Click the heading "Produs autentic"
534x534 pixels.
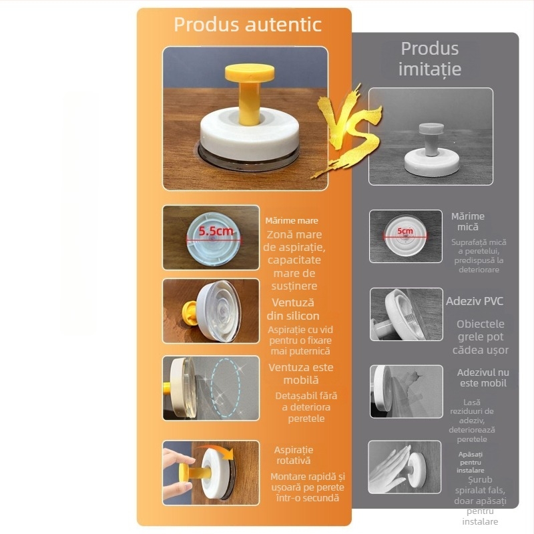(248, 25)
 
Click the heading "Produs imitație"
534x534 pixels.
(430, 59)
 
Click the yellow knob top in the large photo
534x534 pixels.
(250, 73)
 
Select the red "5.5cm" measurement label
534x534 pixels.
(216, 231)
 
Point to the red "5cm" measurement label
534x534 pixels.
(405, 231)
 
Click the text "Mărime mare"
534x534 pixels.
(292, 221)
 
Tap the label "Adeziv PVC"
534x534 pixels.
(475, 301)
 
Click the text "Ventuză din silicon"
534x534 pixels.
(293, 309)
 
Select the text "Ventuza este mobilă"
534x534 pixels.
(301, 374)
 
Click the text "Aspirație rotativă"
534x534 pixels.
(294, 455)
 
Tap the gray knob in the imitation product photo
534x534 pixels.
(431, 129)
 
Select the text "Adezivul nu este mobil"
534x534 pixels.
(483, 378)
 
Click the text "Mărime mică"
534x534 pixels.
(468, 222)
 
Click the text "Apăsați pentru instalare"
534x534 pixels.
(471, 462)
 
